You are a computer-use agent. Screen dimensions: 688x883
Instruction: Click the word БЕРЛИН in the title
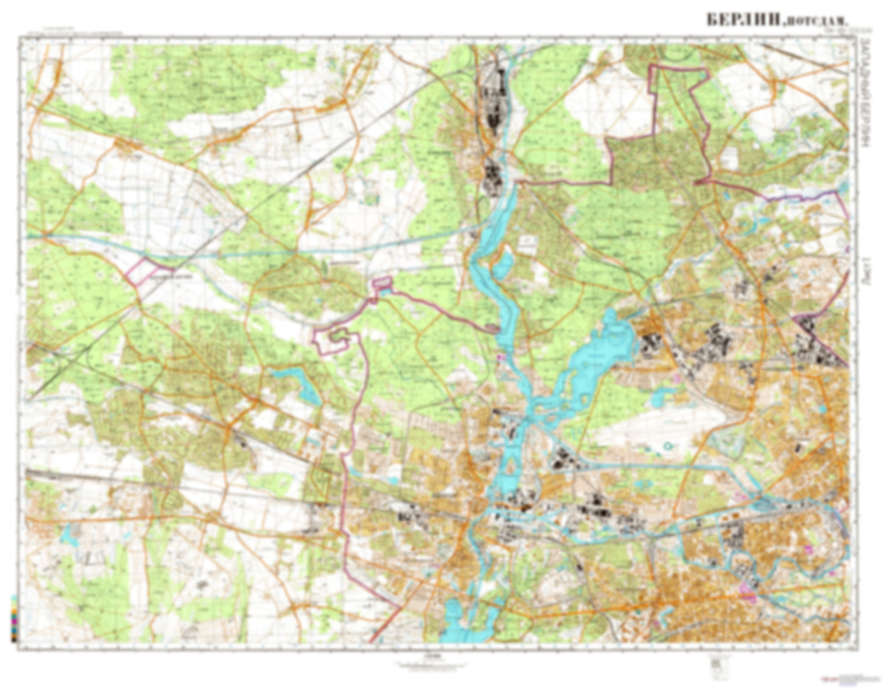[742, 20]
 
